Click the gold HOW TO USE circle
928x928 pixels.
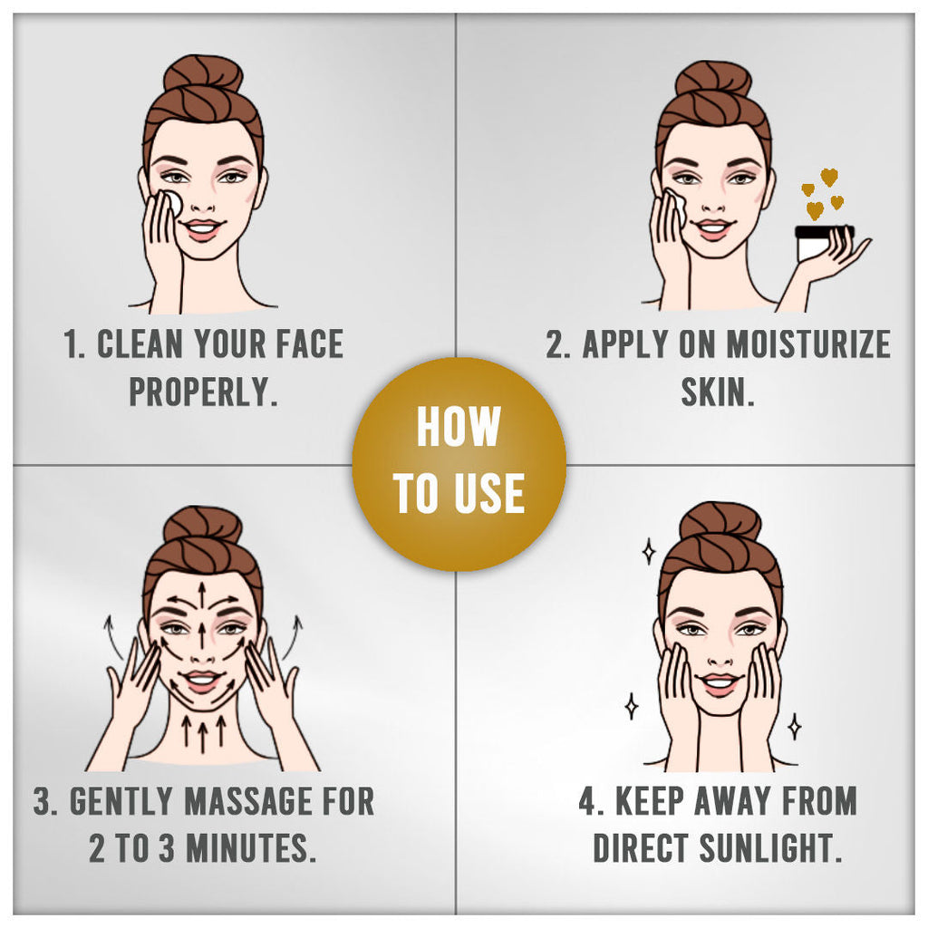point(459,464)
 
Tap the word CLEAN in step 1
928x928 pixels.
point(140,343)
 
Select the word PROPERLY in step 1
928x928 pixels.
point(203,391)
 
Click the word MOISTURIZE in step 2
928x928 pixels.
point(807,343)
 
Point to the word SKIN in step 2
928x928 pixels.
point(718,391)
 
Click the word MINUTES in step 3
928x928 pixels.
point(248,847)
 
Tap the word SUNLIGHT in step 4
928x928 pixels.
point(770,847)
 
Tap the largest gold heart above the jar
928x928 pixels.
point(829,177)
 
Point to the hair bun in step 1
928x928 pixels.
point(203,76)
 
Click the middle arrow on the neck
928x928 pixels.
point(203,734)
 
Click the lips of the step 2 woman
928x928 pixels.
point(713,228)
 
